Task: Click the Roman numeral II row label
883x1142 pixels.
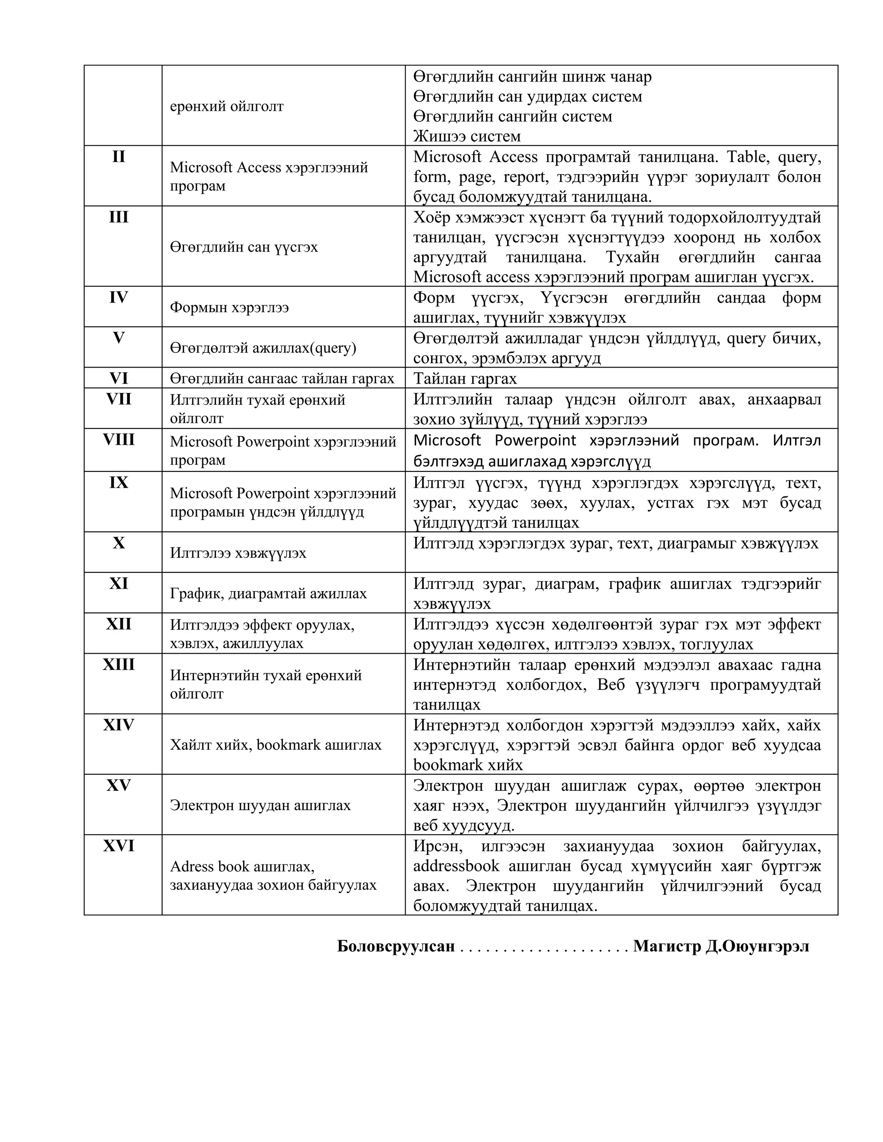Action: [x=119, y=156]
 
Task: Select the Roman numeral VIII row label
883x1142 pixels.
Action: [x=119, y=439]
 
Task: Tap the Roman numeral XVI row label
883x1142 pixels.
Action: [x=119, y=846]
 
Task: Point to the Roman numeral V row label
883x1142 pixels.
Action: [x=119, y=338]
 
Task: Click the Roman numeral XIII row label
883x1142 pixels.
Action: [x=119, y=664]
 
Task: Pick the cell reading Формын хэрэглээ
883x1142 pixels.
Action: [x=229, y=307]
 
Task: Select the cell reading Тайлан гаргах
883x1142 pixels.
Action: [x=465, y=378]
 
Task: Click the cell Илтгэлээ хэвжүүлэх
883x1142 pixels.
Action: [x=238, y=553]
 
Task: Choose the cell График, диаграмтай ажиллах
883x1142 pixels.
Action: [x=268, y=593]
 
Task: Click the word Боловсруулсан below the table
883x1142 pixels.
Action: [x=396, y=946]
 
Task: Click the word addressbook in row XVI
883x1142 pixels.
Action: [x=456, y=866]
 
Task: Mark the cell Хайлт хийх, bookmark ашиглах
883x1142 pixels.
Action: [x=276, y=745]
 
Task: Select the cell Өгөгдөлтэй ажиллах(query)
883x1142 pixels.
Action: [x=263, y=348]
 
